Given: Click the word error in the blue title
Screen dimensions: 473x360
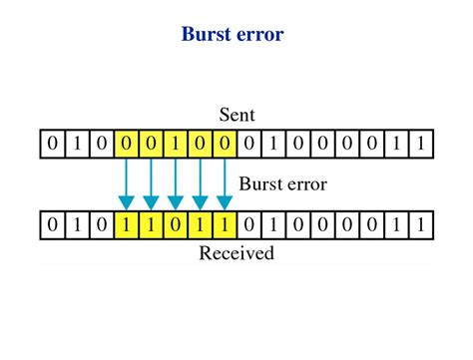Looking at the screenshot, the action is pyautogui.click(x=260, y=35).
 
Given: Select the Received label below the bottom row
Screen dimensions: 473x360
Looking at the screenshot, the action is pyautogui.click(x=236, y=253).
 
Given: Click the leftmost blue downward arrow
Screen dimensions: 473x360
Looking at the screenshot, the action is pyautogui.click(x=127, y=184).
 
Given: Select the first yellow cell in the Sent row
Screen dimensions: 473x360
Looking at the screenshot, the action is pyautogui.click(x=127, y=145).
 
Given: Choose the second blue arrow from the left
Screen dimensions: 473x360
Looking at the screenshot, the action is pyautogui.click(x=152, y=184).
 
